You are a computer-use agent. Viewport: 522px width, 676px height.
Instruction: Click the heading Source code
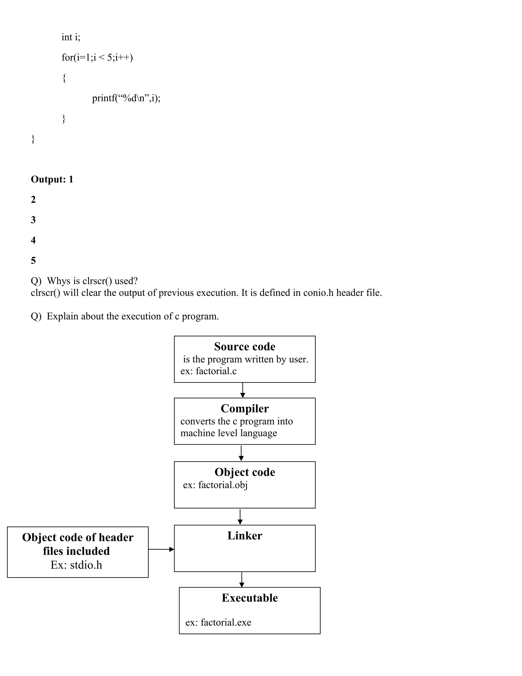pyautogui.click(x=245, y=346)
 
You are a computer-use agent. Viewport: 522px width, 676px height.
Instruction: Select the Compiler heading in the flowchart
pyautogui.click(x=245, y=408)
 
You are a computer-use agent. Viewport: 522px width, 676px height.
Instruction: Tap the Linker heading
pyautogui.click(x=245, y=535)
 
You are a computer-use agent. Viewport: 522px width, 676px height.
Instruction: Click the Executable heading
pyautogui.click(x=250, y=598)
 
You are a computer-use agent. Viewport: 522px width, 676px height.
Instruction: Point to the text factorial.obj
pyautogui.click(x=223, y=485)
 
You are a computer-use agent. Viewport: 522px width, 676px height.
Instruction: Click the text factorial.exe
pyautogui.click(x=226, y=622)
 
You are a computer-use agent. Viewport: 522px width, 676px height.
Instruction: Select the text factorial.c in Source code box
pyautogui.click(x=216, y=371)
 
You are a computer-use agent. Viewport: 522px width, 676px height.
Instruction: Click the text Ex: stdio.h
pyautogui.click(x=76, y=565)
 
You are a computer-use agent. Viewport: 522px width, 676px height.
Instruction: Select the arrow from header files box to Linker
pyautogui.click(x=161, y=549)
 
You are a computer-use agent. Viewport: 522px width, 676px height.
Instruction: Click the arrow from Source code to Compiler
pyautogui.click(x=243, y=390)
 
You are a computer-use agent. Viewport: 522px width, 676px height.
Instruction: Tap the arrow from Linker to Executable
pyautogui.click(x=242, y=579)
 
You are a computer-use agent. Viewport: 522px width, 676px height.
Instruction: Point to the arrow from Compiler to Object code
pyautogui.click(x=241, y=453)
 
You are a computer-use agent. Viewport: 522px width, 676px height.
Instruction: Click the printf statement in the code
pyautogui.click(x=126, y=98)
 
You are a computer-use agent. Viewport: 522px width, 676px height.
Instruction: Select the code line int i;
pyautogui.click(x=71, y=37)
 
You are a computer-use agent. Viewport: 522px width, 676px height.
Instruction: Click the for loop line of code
pyautogui.click(x=97, y=57)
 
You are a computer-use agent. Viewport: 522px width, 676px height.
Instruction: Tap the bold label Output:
pyautogui.click(x=48, y=179)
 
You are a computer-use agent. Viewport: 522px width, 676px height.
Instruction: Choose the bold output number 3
pyautogui.click(x=33, y=220)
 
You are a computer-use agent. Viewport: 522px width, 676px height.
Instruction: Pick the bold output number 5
pyautogui.click(x=33, y=260)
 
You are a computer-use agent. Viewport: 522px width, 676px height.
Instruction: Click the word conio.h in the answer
pyautogui.click(x=318, y=293)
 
